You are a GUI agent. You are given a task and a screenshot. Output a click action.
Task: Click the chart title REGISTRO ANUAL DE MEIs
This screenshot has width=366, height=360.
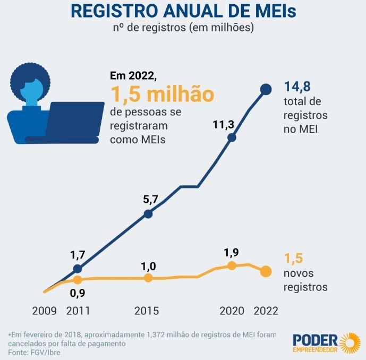(x=183, y=12)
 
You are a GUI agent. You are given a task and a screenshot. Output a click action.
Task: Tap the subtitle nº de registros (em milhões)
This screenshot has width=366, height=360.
(x=183, y=28)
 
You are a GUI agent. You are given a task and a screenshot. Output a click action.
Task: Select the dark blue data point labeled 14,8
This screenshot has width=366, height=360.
(x=266, y=90)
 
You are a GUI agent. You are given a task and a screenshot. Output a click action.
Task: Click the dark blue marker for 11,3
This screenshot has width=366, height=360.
(x=232, y=138)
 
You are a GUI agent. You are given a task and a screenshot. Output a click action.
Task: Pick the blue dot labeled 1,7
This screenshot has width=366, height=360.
(x=78, y=268)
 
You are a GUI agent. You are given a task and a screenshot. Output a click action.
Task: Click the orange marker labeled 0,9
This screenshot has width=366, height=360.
(x=78, y=279)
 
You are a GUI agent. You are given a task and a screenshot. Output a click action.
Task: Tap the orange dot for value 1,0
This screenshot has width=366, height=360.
(x=148, y=278)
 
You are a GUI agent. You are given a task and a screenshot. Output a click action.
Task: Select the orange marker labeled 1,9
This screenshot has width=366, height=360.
(x=232, y=265)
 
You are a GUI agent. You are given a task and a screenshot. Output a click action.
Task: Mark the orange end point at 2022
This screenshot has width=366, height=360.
(x=266, y=271)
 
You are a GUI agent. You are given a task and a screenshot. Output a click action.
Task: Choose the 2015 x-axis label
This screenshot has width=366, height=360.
(x=146, y=311)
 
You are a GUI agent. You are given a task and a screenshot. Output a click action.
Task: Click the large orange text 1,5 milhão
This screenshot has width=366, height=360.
(x=162, y=93)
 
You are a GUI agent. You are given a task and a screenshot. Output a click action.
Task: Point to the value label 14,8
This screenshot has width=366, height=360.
(x=296, y=87)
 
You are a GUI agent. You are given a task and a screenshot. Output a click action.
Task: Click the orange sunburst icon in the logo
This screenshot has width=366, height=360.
(x=350, y=342)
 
